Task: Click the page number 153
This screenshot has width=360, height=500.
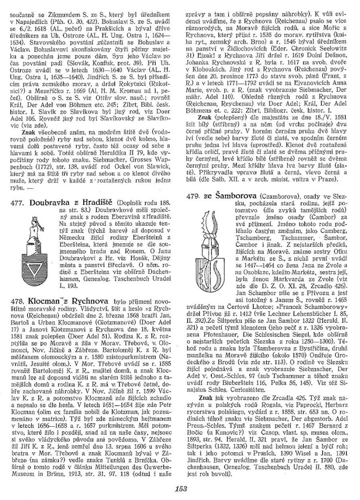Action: (x=180, y=490)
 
